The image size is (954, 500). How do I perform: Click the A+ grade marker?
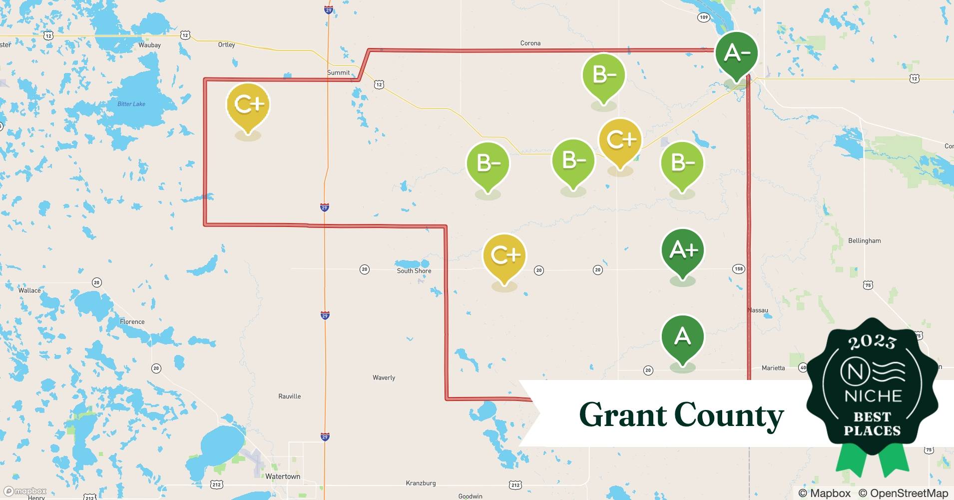(x=682, y=250)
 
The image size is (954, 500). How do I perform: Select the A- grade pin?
(x=736, y=53)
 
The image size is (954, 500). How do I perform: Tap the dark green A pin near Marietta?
(x=682, y=336)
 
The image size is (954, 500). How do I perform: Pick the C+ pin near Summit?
(x=248, y=105)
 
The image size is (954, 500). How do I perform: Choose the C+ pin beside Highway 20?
(x=504, y=255)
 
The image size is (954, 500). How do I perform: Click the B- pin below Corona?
(x=603, y=75)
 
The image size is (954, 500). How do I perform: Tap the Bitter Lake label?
(x=131, y=104)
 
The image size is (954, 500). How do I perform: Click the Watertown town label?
(x=283, y=476)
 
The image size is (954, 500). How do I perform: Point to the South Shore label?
(x=414, y=271)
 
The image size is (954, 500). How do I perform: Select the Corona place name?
(x=530, y=43)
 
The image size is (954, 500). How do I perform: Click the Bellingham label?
(x=864, y=241)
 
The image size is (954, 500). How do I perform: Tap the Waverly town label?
(x=384, y=378)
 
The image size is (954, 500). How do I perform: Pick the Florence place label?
(x=132, y=322)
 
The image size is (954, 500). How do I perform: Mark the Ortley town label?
(x=226, y=45)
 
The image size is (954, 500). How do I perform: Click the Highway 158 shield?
(x=739, y=269)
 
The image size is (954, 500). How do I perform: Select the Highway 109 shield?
(x=703, y=17)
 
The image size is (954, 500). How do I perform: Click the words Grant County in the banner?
(x=681, y=415)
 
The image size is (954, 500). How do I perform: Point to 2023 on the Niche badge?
(x=872, y=342)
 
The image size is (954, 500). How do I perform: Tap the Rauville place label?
(x=290, y=396)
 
